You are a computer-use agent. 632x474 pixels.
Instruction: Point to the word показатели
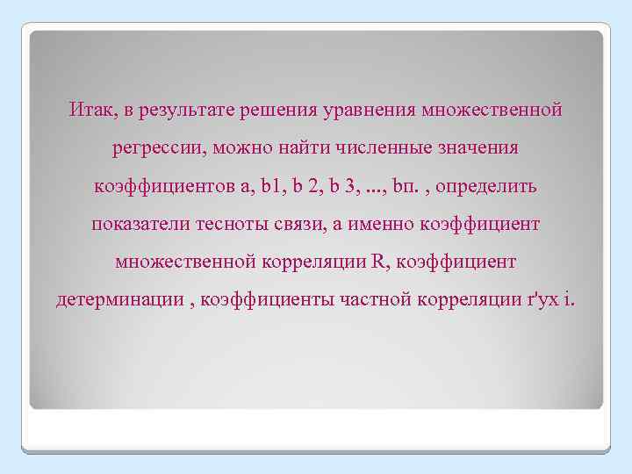144,225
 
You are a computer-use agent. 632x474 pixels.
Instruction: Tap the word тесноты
235,225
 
